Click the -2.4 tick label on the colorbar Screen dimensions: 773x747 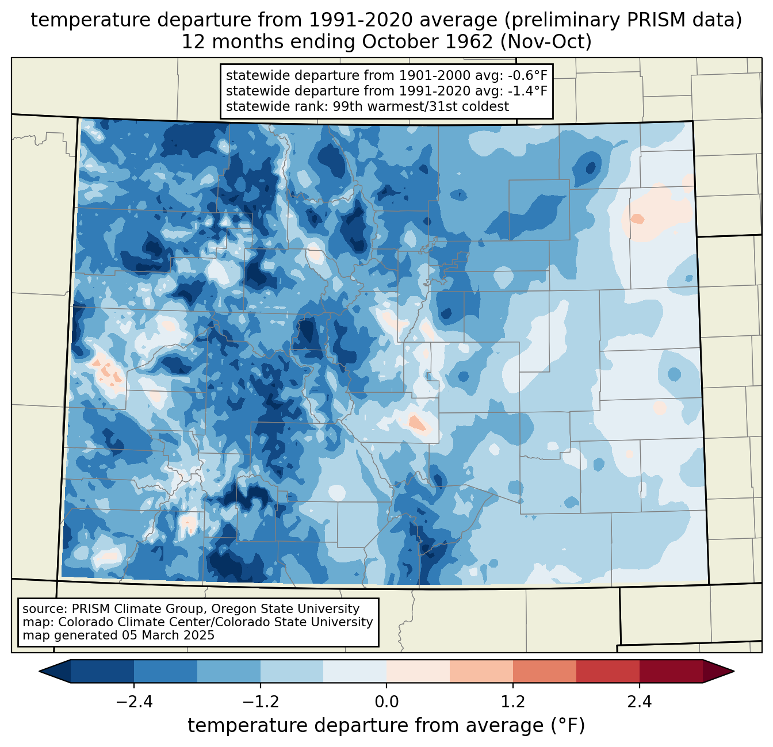(x=134, y=702)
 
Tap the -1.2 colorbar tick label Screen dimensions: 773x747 (x=261, y=702)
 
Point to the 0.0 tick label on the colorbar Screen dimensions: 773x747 (x=386, y=702)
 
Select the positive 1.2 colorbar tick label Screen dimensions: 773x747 (x=513, y=702)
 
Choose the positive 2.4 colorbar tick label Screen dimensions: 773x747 (x=640, y=702)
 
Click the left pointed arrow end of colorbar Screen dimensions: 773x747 (x=55, y=672)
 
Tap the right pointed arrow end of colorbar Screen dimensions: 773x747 (x=718, y=672)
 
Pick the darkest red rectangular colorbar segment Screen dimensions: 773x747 (x=671, y=672)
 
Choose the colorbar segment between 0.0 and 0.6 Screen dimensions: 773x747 (x=418, y=672)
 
